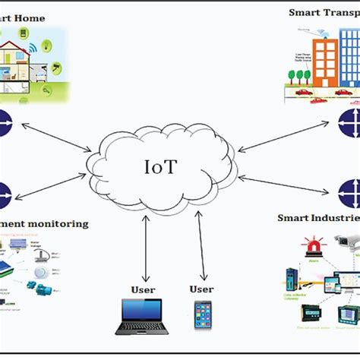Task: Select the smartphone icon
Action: click(203, 315)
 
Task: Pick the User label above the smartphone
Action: click(202, 289)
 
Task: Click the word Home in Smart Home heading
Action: click(30, 17)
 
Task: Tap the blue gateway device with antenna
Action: click(292, 278)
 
